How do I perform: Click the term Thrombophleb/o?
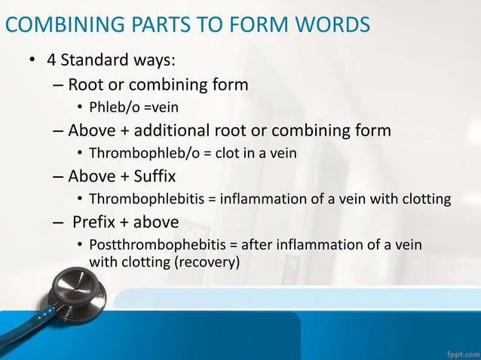pyautogui.click(x=143, y=154)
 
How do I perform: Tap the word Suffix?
pyautogui.click(x=151, y=176)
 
